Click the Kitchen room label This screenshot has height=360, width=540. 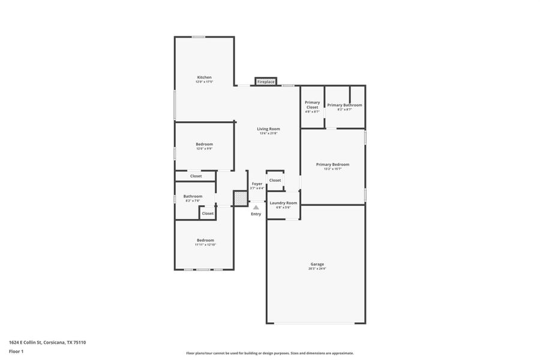pyautogui.click(x=204, y=77)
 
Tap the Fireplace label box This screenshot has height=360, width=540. pyautogui.click(x=266, y=82)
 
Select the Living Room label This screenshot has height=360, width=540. pyautogui.click(x=268, y=129)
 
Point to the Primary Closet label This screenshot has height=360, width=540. pyautogui.click(x=312, y=105)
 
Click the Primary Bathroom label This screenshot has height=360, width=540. pyautogui.click(x=344, y=105)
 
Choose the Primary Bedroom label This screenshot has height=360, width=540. pyautogui.click(x=332, y=164)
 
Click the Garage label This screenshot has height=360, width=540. pyautogui.click(x=317, y=264)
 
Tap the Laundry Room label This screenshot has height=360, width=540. pyautogui.click(x=283, y=203)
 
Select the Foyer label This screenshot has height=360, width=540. pyautogui.click(x=257, y=184)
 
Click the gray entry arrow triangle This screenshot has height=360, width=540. pyautogui.click(x=256, y=208)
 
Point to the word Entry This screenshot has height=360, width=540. pyautogui.click(x=256, y=214)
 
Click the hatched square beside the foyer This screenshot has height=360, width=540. pyautogui.click(x=240, y=198)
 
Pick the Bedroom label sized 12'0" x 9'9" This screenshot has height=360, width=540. pyautogui.click(x=204, y=144)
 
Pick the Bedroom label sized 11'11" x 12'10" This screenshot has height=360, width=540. pyautogui.click(x=205, y=240)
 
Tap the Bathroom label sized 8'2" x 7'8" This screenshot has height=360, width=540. pyautogui.click(x=193, y=196)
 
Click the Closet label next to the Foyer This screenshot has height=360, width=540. pyautogui.click(x=275, y=180)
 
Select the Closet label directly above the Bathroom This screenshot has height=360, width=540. pyautogui.click(x=196, y=176)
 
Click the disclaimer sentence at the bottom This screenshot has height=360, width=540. pyautogui.click(x=270, y=353)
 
